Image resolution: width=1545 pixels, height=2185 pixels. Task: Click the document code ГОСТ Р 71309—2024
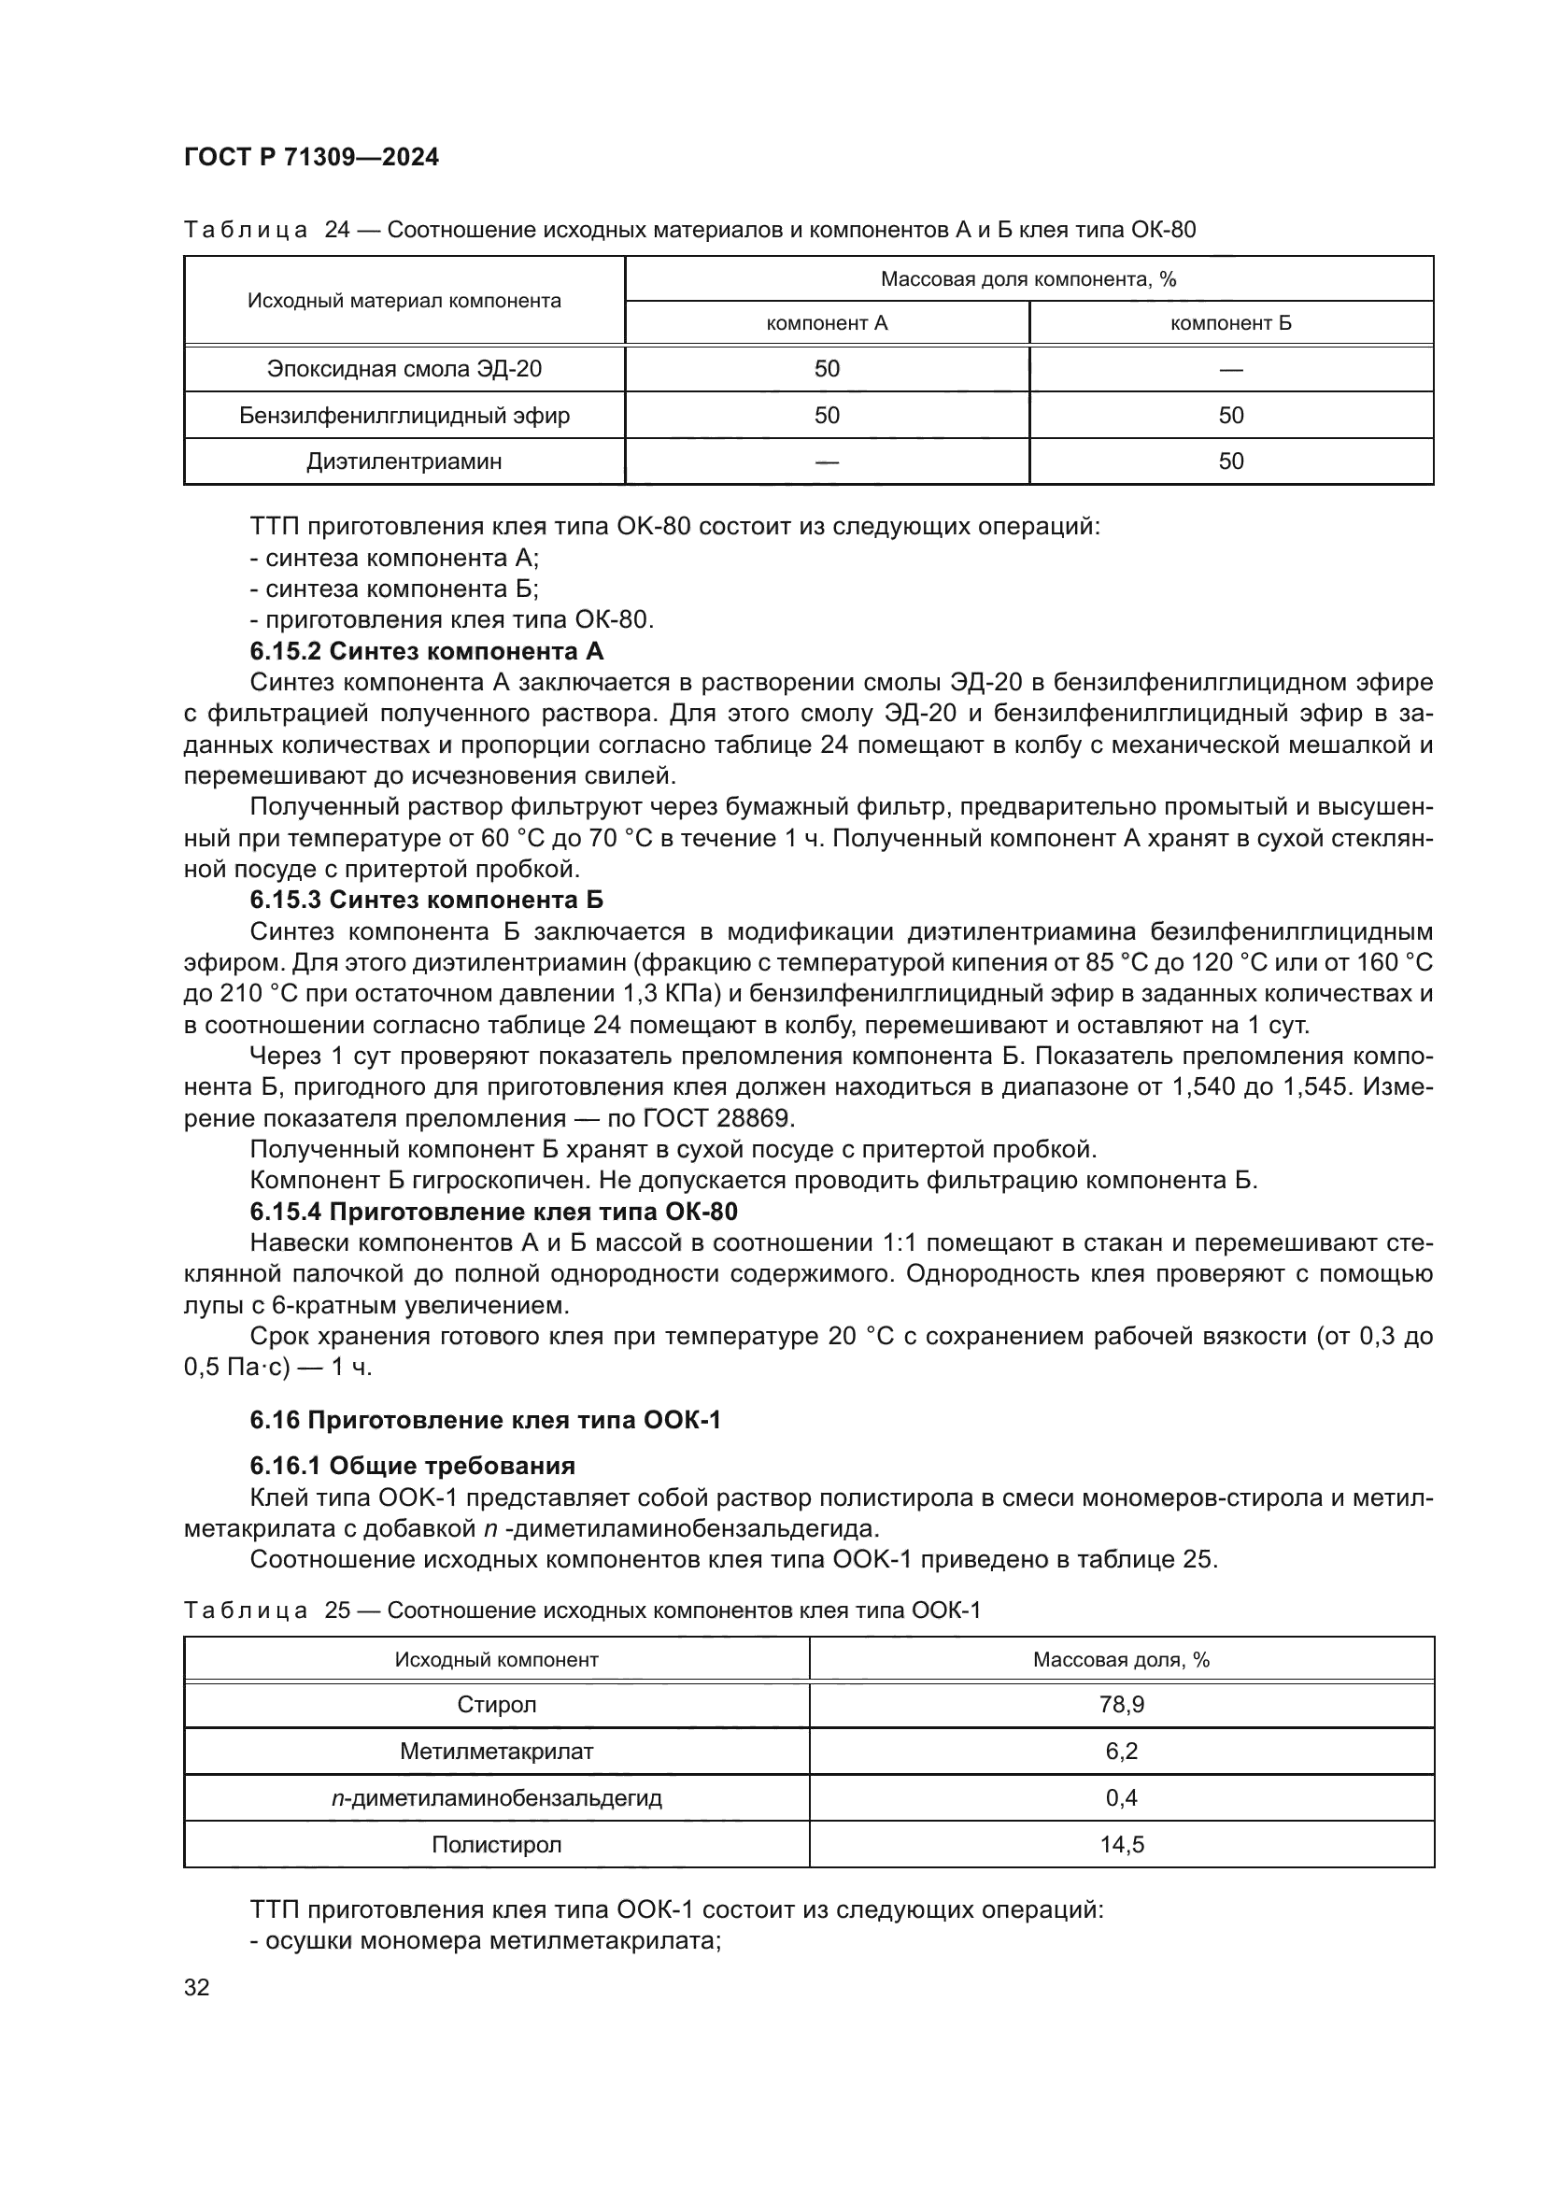click(x=311, y=157)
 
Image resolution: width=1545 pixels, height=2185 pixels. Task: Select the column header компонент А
click(x=826, y=322)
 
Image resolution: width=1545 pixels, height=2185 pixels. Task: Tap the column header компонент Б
click(x=1230, y=322)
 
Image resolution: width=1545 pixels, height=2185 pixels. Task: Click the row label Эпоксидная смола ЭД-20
click(x=404, y=368)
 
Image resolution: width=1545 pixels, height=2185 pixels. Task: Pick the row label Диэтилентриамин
click(x=404, y=461)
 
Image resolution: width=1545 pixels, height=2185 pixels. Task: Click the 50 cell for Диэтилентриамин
click(x=1230, y=461)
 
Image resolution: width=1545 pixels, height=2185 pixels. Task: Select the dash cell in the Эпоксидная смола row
click(x=1230, y=369)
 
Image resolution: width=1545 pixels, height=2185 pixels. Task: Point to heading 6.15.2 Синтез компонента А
click(x=426, y=651)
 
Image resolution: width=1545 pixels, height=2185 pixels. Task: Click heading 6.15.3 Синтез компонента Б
click(x=426, y=901)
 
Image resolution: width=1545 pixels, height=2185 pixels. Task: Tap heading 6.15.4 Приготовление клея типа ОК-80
click(x=494, y=1213)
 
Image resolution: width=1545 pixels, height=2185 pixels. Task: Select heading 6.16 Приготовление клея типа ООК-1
click(x=485, y=1421)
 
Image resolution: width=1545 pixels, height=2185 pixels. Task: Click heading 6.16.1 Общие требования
click(x=412, y=1466)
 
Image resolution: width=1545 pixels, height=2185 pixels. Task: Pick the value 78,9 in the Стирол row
click(x=1121, y=1705)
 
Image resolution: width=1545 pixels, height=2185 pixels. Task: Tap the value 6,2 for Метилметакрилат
click(x=1121, y=1751)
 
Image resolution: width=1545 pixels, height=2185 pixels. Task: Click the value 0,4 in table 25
click(x=1121, y=1797)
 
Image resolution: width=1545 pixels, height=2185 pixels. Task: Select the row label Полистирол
click(x=496, y=1844)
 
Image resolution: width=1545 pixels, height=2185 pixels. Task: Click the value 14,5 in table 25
click(x=1121, y=1844)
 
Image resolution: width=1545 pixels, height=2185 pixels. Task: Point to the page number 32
click(x=196, y=1987)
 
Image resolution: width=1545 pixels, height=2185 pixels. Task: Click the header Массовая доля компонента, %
click(x=1028, y=278)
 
